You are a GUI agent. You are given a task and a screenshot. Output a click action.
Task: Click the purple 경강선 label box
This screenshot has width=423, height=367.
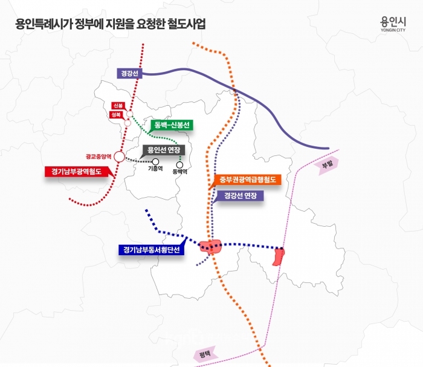click(x=129, y=73)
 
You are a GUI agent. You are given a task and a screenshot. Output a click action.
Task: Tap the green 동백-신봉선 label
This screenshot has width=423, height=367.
click(x=172, y=125)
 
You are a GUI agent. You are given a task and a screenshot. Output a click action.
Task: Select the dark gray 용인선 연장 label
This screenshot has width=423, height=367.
click(x=164, y=150)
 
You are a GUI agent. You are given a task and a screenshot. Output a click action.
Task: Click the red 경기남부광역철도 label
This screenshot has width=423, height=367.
click(x=76, y=172)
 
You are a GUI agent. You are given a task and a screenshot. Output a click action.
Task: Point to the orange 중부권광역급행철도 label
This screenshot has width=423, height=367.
click(x=247, y=180)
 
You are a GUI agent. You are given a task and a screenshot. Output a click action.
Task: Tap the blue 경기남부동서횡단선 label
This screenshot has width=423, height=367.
click(x=151, y=250)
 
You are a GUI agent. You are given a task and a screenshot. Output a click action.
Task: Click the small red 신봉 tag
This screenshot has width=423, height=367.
click(x=118, y=106)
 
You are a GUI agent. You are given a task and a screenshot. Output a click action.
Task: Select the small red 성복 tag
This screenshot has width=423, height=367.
click(x=116, y=115)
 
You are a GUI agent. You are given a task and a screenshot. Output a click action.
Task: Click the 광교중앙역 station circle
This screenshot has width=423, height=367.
click(x=119, y=157)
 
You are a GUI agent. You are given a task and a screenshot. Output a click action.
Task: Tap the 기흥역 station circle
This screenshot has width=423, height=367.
click(x=155, y=161)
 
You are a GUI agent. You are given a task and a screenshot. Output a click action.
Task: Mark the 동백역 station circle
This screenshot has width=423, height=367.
click(x=179, y=165)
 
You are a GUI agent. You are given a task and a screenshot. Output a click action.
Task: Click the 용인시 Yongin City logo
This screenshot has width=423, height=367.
click(x=393, y=24)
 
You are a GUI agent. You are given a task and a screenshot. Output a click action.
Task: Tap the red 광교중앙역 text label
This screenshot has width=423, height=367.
click(x=98, y=157)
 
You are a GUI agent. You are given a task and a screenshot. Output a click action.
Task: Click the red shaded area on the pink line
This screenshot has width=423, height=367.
click(x=279, y=256)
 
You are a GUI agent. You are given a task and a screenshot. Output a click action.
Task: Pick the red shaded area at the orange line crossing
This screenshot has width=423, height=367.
click(x=210, y=246)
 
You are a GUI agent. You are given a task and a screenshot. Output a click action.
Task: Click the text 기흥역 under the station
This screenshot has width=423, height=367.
click(x=155, y=169)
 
